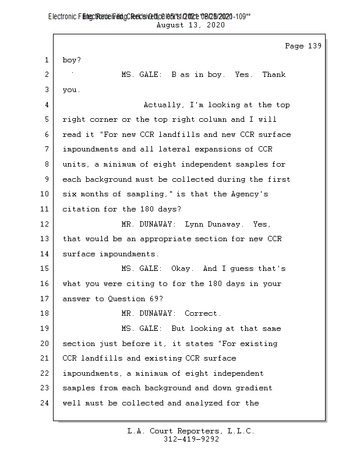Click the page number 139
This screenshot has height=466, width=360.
[x=314, y=46]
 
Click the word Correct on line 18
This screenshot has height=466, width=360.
[x=203, y=313]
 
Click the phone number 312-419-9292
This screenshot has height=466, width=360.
[x=192, y=439]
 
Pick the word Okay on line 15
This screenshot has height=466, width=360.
[x=182, y=269]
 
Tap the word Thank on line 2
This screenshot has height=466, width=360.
[x=274, y=75]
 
